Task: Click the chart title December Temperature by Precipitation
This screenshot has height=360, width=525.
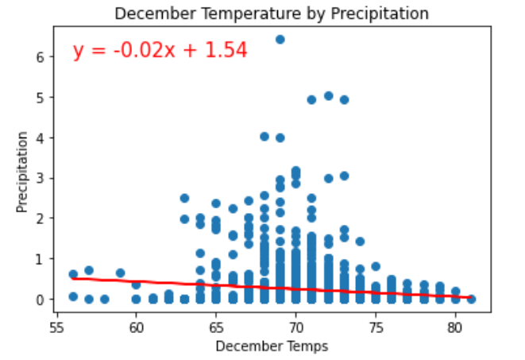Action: point(272,14)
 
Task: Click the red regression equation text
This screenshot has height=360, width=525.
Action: point(160,51)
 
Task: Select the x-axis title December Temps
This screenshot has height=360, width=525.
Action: point(272,346)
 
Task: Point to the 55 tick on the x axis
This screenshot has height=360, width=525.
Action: point(56,327)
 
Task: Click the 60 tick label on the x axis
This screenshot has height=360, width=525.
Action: point(136,327)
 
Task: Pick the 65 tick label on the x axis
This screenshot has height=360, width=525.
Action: point(216,327)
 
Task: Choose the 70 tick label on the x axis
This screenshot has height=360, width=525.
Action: point(295,327)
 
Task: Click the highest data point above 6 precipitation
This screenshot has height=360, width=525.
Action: point(280,39)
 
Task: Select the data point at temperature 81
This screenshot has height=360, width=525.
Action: point(471,299)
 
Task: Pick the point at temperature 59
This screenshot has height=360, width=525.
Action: point(120,273)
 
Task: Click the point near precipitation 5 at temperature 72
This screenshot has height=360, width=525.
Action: point(328,95)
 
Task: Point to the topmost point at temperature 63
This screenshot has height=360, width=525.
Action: point(184,198)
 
